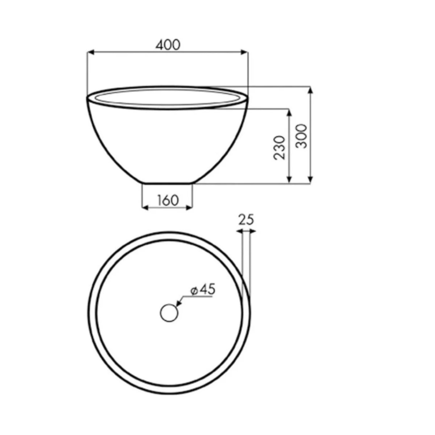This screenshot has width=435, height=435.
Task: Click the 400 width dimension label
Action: tap(167, 45)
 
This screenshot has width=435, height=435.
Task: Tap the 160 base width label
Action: tap(167, 200)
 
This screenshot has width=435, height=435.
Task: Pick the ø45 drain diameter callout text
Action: tap(202, 290)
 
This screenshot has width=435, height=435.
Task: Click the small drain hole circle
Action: tap(169, 313)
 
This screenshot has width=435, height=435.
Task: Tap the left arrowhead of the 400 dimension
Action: tap(91, 52)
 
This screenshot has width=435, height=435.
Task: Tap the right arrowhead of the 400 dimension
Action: tap(245, 52)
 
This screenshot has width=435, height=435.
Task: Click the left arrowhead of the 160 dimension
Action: tap(145, 207)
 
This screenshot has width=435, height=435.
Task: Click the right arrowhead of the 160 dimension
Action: tap(189, 207)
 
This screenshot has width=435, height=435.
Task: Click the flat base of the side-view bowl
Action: tap(167, 183)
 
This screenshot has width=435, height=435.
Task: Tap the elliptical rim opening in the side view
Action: tap(167, 97)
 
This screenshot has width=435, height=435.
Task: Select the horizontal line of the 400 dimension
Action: tap(167, 52)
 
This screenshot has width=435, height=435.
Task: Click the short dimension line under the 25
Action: tap(246, 231)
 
